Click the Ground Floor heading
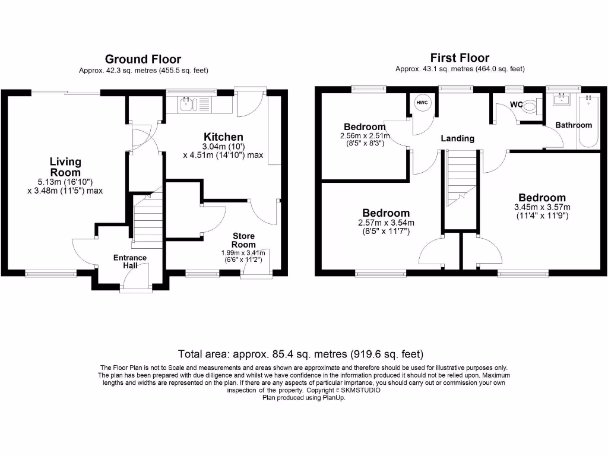(143, 59)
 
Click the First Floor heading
(460, 58)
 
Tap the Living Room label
(65, 167)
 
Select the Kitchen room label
(223, 137)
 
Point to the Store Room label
(243, 240)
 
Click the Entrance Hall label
(130, 261)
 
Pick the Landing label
(457, 138)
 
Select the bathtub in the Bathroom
(588, 122)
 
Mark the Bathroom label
(574, 125)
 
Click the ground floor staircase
(147, 221)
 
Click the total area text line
(303, 354)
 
